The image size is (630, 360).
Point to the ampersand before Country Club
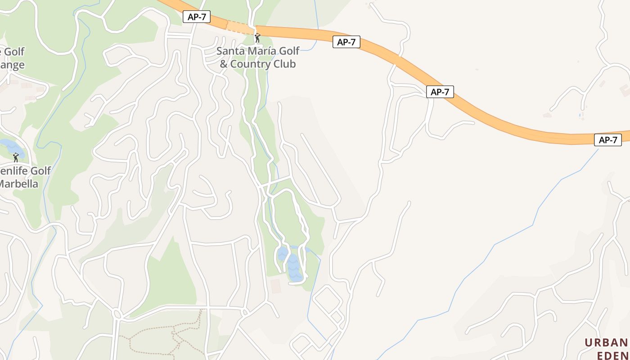click(224, 64)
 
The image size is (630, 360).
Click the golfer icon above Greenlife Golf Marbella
click(16, 157)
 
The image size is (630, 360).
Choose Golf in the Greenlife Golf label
click(40, 171)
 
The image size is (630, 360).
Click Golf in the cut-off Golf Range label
click(13, 52)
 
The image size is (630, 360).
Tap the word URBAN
click(606, 343)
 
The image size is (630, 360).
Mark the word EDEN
click(612, 355)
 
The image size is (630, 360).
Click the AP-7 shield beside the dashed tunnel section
click(197, 17)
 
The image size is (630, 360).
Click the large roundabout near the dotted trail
click(117, 313)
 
